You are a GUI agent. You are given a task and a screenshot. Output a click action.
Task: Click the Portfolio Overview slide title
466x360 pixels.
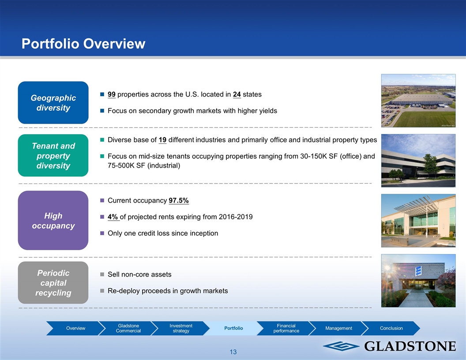[x=83, y=44]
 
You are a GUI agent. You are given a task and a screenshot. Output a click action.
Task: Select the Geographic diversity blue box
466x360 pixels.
[x=53, y=102]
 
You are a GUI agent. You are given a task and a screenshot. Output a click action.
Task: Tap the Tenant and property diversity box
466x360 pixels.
[x=53, y=155]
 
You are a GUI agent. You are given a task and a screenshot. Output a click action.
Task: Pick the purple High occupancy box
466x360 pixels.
[x=53, y=221]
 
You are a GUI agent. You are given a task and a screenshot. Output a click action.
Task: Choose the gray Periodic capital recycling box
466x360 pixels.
[x=53, y=282]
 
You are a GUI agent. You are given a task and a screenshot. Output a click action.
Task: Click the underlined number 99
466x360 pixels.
[x=112, y=94]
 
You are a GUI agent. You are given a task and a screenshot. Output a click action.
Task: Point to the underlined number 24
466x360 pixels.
[x=237, y=94]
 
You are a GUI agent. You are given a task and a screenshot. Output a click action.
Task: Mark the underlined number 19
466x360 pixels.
[x=162, y=140]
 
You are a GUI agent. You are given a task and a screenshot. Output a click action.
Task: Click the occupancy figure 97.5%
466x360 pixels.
[x=179, y=200]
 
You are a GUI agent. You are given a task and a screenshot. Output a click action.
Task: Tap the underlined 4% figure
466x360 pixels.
[x=113, y=217]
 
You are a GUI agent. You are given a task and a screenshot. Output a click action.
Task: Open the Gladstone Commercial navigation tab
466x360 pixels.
[x=128, y=328]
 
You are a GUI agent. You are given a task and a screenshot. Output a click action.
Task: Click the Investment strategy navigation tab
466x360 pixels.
[x=181, y=328]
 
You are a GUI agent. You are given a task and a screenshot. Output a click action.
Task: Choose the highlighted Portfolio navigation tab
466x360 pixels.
[x=233, y=328]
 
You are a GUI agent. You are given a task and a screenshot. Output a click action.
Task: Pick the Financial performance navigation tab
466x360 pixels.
[x=286, y=328]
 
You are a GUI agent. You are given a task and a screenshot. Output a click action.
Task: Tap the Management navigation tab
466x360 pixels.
[x=339, y=328]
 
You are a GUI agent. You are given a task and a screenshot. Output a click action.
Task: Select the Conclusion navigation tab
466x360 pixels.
[x=391, y=328]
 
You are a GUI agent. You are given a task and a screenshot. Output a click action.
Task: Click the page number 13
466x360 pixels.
[x=233, y=352]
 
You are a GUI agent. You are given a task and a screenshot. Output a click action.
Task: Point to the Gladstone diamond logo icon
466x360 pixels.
[x=341, y=346]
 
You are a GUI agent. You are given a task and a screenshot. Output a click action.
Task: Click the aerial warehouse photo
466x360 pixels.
[x=418, y=101]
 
